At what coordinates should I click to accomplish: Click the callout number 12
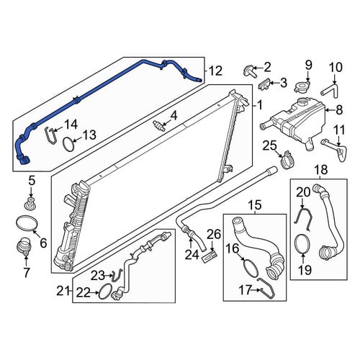point(215,71)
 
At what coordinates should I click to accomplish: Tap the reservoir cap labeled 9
point(300,86)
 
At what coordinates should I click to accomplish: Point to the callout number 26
point(214,235)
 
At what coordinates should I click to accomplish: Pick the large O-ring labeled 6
point(27,222)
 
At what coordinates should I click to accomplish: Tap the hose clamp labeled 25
point(287,160)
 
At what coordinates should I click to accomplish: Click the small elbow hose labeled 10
point(329,90)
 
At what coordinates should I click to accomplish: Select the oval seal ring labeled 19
point(302,244)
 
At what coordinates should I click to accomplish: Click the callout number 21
point(63,292)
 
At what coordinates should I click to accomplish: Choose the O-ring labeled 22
point(105,291)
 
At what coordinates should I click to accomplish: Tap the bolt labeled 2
point(249,71)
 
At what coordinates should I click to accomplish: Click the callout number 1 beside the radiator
point(260,106)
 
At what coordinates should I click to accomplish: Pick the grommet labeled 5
point(30,204)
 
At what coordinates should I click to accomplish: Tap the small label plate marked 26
point(210,256)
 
